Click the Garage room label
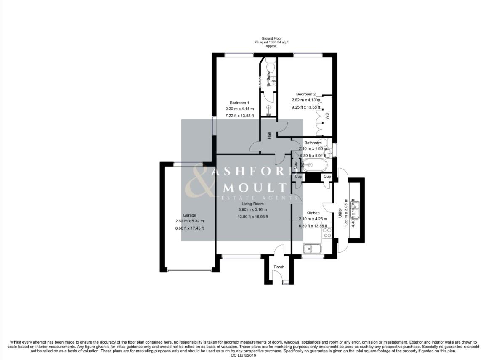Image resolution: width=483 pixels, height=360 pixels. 189,215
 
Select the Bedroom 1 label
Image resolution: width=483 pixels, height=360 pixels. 239,103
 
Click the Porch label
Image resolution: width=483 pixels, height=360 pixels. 279,267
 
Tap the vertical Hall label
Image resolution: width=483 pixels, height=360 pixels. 269,135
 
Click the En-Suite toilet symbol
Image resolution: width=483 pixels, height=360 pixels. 270,66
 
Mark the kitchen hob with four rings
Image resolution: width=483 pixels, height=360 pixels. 326,233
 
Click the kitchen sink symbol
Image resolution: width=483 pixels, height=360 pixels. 311,249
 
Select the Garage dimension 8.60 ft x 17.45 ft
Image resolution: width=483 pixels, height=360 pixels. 189,228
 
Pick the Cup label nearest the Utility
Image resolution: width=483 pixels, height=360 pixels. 327,177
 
